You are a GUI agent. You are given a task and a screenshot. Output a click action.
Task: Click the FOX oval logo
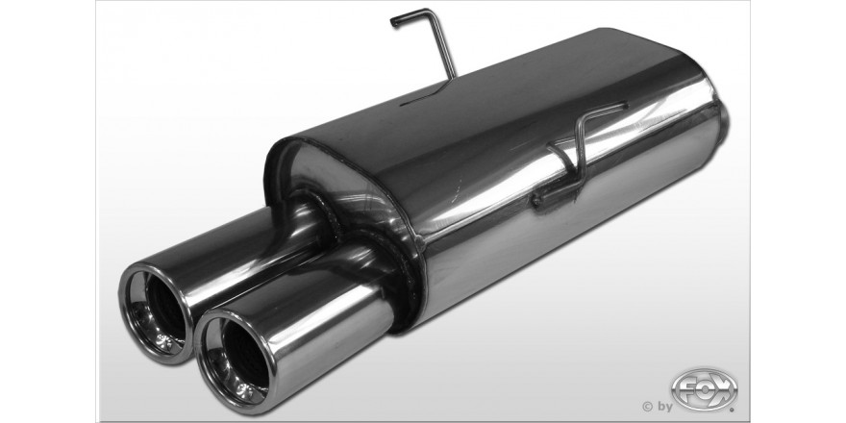pos(704,389)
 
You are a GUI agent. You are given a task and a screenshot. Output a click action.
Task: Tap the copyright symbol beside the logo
pos(647,406)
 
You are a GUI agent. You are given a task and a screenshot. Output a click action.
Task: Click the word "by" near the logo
pos(663,407)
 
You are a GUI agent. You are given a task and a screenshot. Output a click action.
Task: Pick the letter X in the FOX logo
pos(722,389)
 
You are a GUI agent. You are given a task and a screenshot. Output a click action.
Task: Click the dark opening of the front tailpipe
pos(244,355)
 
